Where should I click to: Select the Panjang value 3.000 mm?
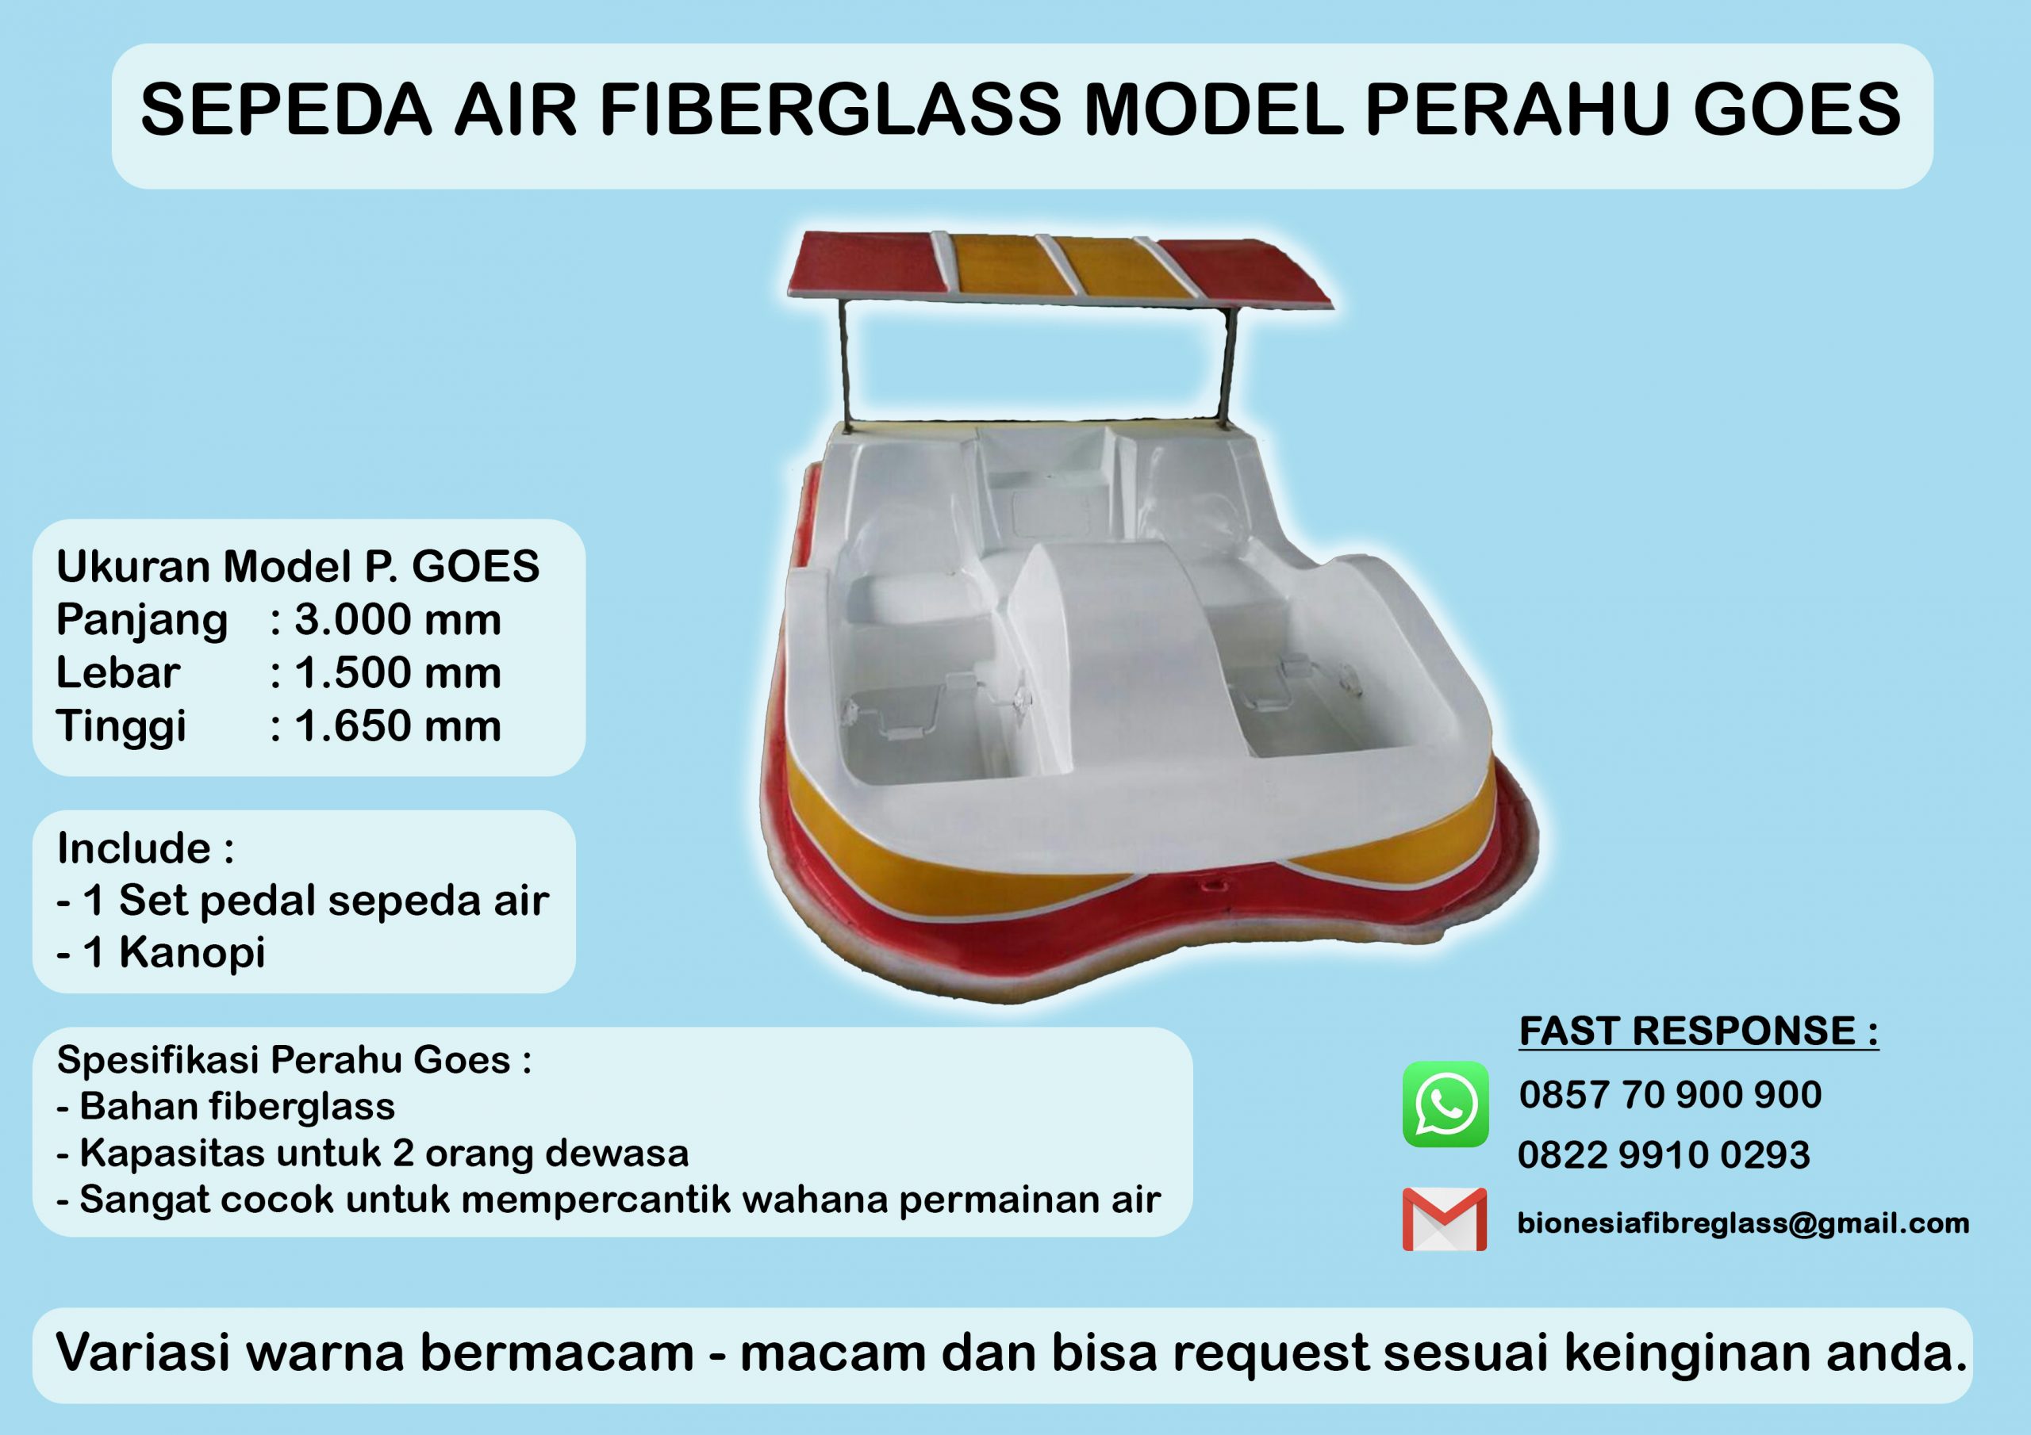(398, 620)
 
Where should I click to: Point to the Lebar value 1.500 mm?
(398, 673)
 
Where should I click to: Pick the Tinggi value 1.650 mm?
(398, 726)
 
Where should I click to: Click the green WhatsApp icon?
(1446, 1104)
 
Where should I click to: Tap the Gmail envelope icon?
(1445, 1219)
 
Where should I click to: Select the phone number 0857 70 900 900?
(1670, 1096)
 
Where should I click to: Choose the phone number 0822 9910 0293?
(1664, 1154)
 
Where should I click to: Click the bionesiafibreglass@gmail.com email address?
(1744, 1223)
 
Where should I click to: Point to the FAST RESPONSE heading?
(1699, 1031)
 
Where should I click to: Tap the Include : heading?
(146, 848)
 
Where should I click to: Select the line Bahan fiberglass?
(225, 1106)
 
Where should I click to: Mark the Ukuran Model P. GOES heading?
(298, 567)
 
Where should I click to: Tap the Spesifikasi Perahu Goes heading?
(294, 1060)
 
